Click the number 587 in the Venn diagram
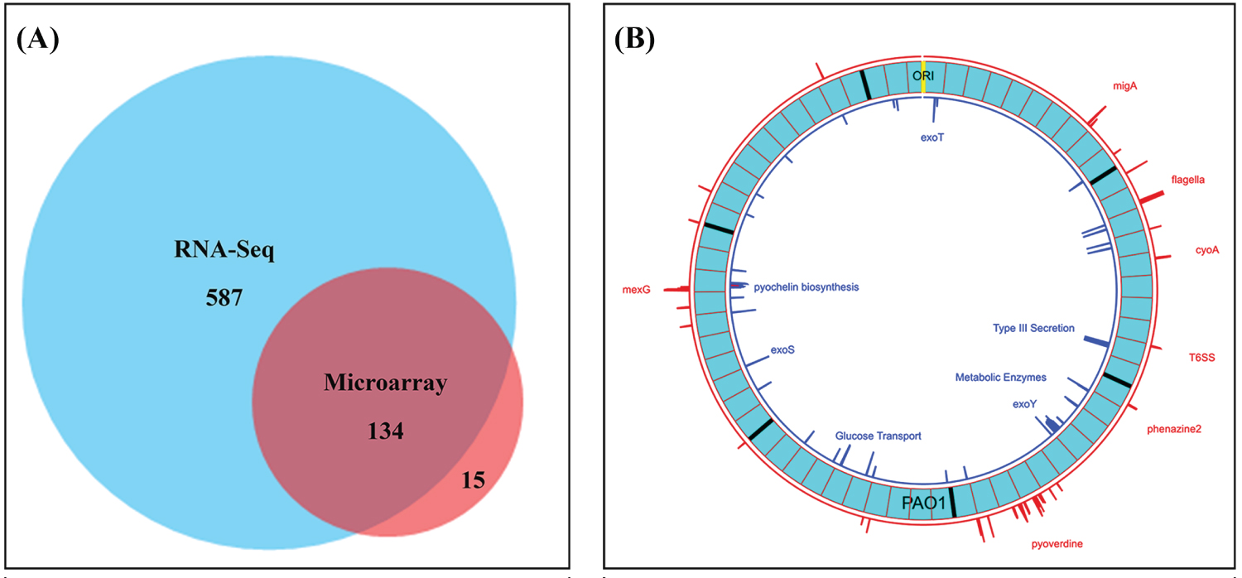[224, 296]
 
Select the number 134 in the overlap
[386, 431]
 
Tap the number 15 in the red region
[472, 479]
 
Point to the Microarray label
[386, 383]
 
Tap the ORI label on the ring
[923, 75]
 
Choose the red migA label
[1125, 85]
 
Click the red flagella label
[1187, 179]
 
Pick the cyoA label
[1207, 249]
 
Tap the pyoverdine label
[1057, 544]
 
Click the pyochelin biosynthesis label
[806, 287]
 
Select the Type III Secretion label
[1033, 329]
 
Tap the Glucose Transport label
[878, 436]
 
